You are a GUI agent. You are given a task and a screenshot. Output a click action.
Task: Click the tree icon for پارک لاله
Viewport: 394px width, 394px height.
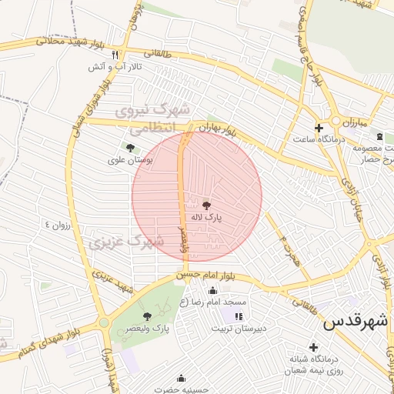(205, 205)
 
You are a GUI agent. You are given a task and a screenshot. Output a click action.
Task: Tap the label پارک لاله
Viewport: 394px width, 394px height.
(207, 219)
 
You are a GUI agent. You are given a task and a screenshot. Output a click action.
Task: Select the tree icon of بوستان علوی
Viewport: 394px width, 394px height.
(129, 147)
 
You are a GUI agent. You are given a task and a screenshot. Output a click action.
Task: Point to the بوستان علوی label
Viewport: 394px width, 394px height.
(133, 160)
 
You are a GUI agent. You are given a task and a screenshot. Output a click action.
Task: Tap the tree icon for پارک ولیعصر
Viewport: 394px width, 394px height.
(147, 316)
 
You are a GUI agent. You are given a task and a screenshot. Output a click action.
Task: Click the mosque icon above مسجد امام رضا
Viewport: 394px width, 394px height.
(212, 291)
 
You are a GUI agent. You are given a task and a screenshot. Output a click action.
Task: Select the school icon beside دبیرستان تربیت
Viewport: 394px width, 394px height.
(239, 316)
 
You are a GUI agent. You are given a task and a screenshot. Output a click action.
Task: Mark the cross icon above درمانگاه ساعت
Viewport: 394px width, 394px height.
(319, 127)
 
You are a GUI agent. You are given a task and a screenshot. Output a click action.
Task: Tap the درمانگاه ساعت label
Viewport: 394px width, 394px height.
(316, 139)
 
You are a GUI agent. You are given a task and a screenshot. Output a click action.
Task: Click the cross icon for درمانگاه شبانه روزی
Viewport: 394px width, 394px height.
(312, 347)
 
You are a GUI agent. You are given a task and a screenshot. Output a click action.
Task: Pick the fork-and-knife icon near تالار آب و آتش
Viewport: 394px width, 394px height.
(115, 55)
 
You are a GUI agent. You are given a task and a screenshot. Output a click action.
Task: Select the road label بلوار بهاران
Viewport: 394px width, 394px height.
(218, 127)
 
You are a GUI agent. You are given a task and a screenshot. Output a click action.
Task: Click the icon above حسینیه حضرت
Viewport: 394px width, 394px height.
(181, 378)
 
